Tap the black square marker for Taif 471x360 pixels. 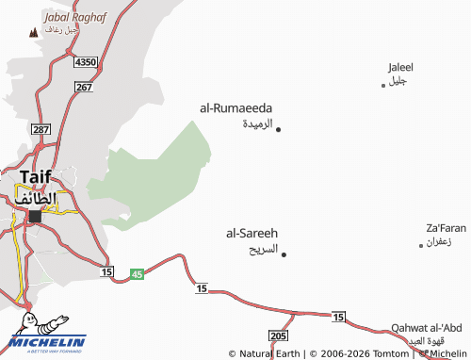(x=36, y=216)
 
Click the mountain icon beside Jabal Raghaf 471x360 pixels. (x=33, y=31)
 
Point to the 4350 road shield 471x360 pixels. (x=87, y=61)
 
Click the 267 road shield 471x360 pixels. (x=84, y=88)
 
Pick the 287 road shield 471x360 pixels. (x=40, y=128)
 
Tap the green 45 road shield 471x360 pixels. (x=136, y=273)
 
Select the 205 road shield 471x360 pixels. (x=277, y=335)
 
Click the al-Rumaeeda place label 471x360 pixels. (x=235, y=108)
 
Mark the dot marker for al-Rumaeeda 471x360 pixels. (x=278, y=128)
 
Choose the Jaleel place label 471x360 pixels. (x=400, y=67)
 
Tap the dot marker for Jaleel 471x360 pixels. (x=382, y=86)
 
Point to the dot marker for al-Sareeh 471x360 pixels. (x=284, y=254)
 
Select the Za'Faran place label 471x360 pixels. (x=446, y=228)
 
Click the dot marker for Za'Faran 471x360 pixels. (x=421, y=245)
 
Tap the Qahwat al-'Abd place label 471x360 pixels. (x=426, y=327)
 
